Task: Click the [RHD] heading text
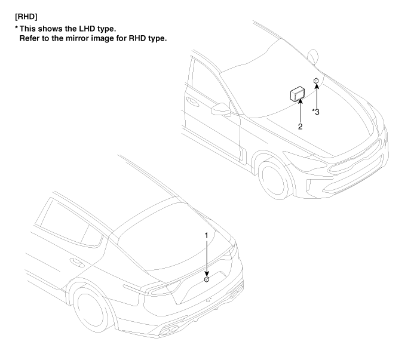26,17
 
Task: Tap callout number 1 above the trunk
206,236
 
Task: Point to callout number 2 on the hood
301,127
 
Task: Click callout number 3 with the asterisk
316,112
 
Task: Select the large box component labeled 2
298,94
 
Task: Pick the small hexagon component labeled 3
316,80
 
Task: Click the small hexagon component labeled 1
207,279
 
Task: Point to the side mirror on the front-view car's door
221,109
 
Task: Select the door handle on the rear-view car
77,263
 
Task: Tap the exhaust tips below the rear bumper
169,330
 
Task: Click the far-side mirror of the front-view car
312,57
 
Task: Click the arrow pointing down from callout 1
206,257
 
